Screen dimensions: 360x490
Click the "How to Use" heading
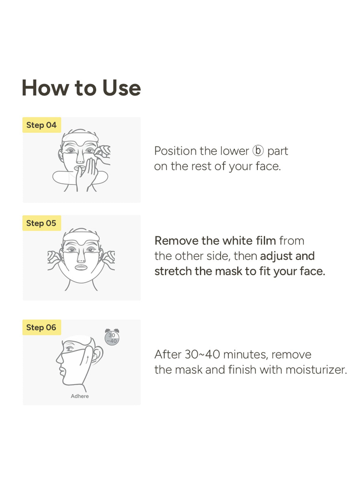pyautogui.click(x=81, y=88)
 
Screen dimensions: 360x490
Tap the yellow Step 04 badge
pyautogui.click(x=41, y=125)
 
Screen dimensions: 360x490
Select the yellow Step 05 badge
pyautogui.click(x=41, y=223)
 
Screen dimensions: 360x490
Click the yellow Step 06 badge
pyautogui.click(x=41, y=327)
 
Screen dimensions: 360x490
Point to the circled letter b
pyautogui.click(x=258, y=151)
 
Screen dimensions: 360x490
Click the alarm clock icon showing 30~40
pyautogui.click(x=112, y=337)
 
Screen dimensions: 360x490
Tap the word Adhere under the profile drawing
pyautogui.click(x=80, y=396)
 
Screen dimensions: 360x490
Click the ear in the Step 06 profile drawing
pyautogui.click(x=98, y=354)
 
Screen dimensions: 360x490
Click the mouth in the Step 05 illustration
pyautogui.click(x=81, y=267)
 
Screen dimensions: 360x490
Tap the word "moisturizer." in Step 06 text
pyautogui.click(x=316, y=370)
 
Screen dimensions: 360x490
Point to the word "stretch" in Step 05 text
pyautogui.click(x=173, y=271)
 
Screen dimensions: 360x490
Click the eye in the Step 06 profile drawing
pyautogui.click(x=70, y=349)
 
